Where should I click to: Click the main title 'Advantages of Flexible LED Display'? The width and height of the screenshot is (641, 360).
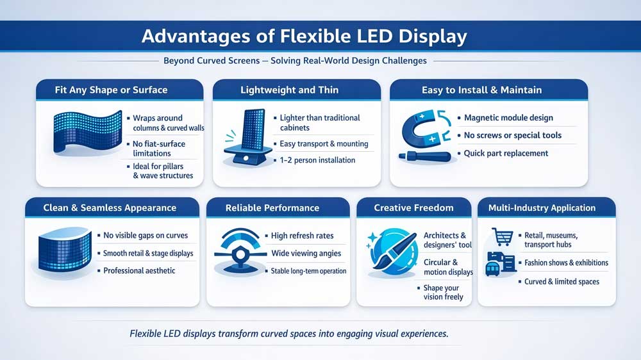[x=304, y=36]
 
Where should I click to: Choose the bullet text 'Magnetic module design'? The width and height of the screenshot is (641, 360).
[x=508, y=118]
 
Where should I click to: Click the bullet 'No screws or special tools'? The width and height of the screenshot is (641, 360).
[x=513, y=135]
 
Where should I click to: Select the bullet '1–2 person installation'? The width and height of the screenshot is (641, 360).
[x=317, y=160]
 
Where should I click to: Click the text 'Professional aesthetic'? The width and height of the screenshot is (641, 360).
[x=139, y=271]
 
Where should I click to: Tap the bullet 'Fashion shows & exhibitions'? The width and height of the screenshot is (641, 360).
[x=566, y=263]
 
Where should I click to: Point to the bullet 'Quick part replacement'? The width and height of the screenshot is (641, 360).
[x=506, y=153]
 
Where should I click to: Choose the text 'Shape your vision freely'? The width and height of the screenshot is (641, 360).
[x=443, y=292]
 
